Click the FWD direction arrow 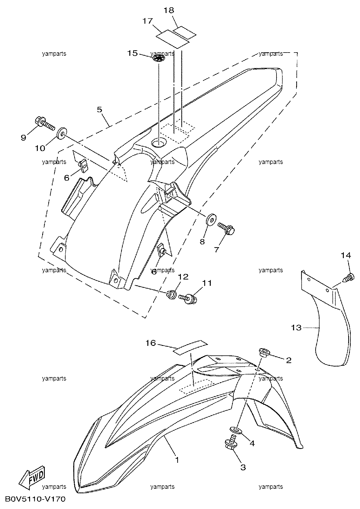(32, 479)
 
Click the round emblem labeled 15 (158, 58)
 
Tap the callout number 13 (296, 327)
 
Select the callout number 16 (151, 343)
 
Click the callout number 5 (99, 109)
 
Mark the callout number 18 (169, 10)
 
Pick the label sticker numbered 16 (191, 347)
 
